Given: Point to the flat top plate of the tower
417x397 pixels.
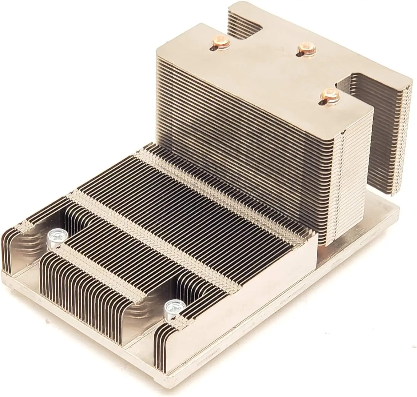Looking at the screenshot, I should point(261,62).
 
